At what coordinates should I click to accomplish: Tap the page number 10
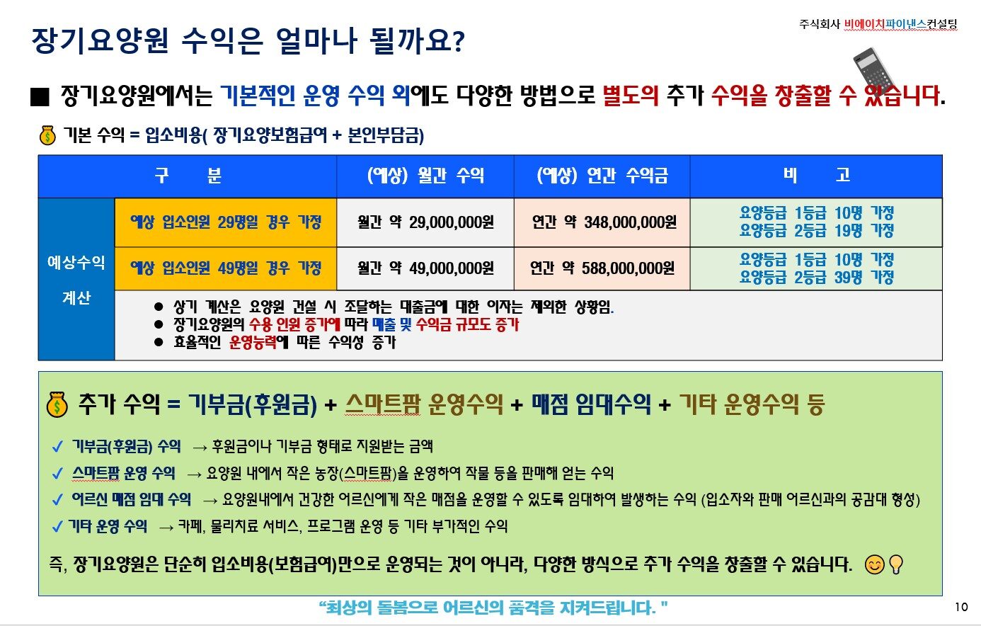[961, 607]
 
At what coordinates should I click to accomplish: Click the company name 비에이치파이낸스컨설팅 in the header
[900, 24]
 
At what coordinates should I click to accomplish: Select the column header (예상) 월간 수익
[425, 176]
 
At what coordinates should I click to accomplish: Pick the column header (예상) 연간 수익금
[602, 176]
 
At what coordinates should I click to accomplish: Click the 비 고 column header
[816, 175]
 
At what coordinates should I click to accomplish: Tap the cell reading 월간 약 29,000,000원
[425, 222]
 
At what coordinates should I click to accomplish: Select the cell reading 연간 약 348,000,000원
[602, 222]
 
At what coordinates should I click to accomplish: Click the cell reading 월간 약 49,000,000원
[425, 268]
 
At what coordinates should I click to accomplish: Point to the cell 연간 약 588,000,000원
[602, 268]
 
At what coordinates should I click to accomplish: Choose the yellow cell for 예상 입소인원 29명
[226, 222]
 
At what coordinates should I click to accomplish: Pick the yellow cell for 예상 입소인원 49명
[226, 268]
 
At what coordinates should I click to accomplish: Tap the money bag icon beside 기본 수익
[47, 135]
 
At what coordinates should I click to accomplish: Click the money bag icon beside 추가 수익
[57, 404]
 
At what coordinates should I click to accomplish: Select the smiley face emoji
[875, 564]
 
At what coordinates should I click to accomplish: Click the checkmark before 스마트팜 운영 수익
[57, 474]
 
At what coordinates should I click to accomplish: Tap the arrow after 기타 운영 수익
[166, 528]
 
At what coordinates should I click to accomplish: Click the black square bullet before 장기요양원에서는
[40, 97]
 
